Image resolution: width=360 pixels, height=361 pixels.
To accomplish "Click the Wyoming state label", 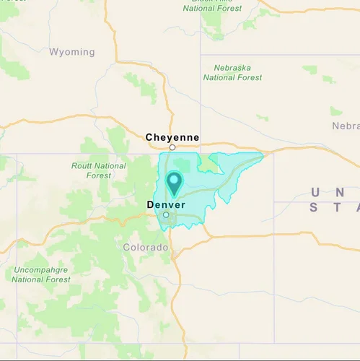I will pyautogui.click(x=71, y=52).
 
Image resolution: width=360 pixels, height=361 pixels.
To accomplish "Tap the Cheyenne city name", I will pyautogui.click(x=172, y=137).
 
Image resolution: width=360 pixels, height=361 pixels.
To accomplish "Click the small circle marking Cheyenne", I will pyautogui.click(x=172, y=147).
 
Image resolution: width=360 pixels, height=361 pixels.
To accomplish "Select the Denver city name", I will pyautogui.click(x=166, y=205).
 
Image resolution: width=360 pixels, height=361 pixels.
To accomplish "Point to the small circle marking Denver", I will pyautogui.click(x=166, y=214).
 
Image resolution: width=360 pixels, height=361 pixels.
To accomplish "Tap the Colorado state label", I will pyautogui.click(x=145, y=248).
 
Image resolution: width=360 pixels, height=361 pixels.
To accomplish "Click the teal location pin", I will pyautogui.click(x=175, y=182).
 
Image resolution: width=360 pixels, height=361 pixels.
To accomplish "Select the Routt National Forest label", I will pyautogui.click(x=100, y=170).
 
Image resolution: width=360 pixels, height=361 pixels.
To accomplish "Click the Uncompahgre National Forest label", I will pyautogui.click(x=41, y=275).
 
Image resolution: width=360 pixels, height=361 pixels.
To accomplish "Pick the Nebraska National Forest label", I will pyautogui.click(x=232, y=72).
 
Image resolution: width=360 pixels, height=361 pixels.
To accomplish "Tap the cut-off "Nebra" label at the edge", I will pyautogui.click(x=345, y=126).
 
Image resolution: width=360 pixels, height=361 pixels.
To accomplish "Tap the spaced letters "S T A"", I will pyautogui.click(x=334, y=207).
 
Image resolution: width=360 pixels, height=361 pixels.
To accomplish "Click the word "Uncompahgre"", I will pyautogui.click(x=41, y=270).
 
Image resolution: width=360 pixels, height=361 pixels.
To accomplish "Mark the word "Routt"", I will pyautogui.click(x=82, y=166).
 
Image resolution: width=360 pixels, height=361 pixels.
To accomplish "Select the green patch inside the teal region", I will pyautogui.click(x=209, y=162).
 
